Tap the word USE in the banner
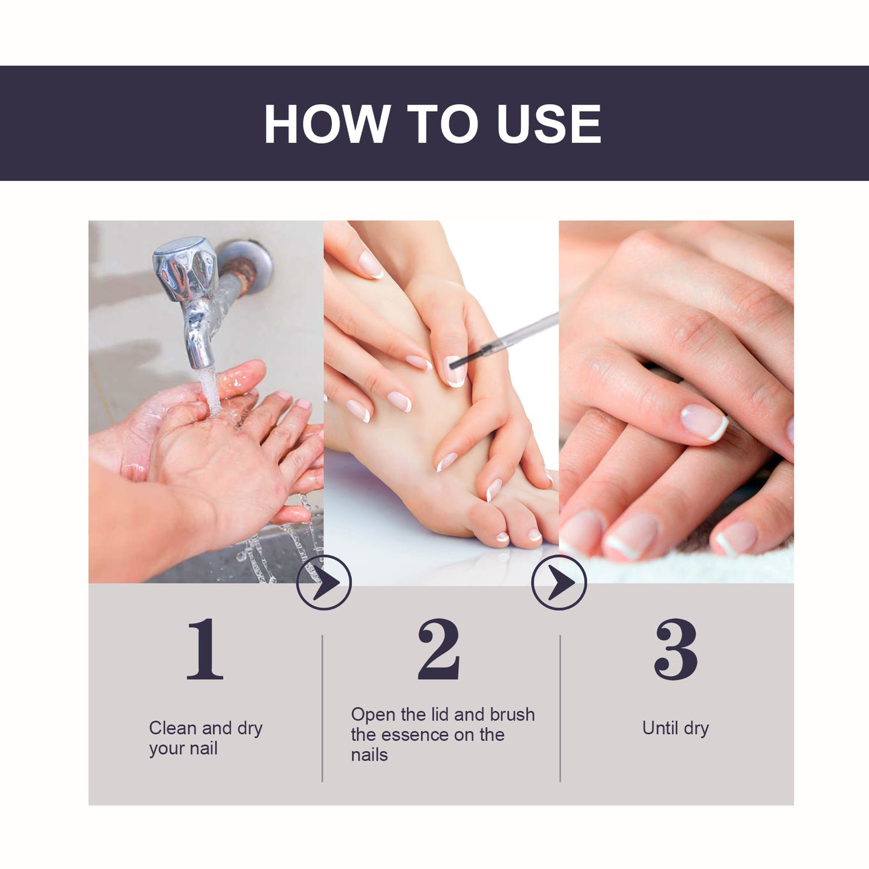pyautogui.click(x=548, y=124)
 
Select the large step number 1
pyautogui.click(x=205, y=649)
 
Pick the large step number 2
pyautogui.click(x=439, y=649)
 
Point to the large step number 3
pyautogui.click(x=676, y=649)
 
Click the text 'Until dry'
pyautogui.click(x=675, y=728)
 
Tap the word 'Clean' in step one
pyautogui.click(x=173, y=728)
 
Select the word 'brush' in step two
pyautogui.click(x=512, y=714)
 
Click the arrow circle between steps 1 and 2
pyautogui.click(x=324, y=582)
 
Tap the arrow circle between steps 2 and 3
pyautogui.click(x=559, y=582)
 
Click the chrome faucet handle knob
pyautogui.click(x=184, y=268)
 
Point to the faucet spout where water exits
pyautogui.click(x=202, y=361)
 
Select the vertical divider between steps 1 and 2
pyautogui.click(x=322, y=708)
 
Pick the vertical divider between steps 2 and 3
pyautogui.click(x=560, y=708)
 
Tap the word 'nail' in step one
pyautogui.click(x=204, y=749)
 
